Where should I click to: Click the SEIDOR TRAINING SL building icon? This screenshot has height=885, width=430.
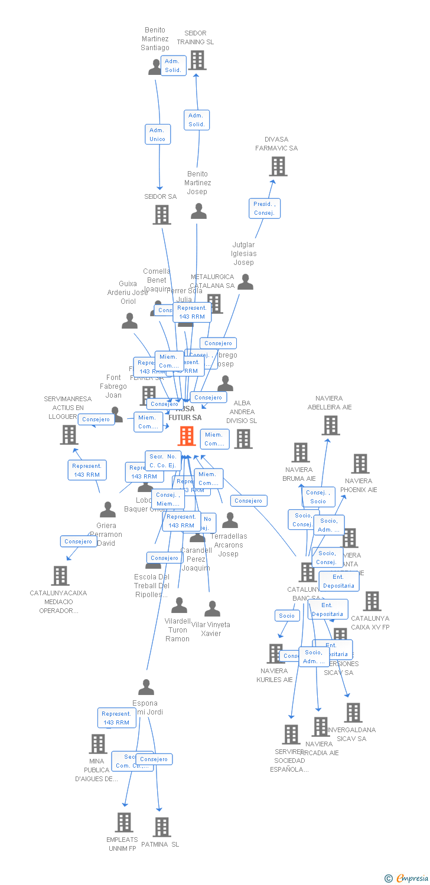[197, 60]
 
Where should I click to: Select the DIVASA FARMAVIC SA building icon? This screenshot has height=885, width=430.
[278, 166]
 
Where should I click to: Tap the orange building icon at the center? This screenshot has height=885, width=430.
[187, 436]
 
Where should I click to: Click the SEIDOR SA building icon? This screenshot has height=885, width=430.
[162, 215]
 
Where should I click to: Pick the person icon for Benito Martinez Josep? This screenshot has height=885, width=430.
[198, 211]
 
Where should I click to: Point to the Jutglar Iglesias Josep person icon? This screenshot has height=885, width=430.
[245, 282]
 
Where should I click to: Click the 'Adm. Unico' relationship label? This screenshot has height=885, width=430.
[158, 135]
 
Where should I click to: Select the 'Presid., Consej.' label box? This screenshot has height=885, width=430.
[264, 208]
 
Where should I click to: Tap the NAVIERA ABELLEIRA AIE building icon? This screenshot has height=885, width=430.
[330, 425]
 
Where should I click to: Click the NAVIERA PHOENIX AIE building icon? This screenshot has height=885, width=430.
[360, 464]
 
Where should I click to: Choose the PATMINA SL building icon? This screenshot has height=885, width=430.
[162, 827]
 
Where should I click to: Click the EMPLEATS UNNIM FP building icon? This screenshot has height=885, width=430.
[123, 822]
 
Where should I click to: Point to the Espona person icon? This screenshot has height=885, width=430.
[146, 687]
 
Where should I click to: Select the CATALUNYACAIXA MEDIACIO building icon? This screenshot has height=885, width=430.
[60, 575]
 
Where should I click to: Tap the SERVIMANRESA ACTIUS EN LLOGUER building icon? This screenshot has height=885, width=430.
[69, 435]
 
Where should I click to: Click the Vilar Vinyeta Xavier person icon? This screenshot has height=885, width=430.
[212, 608]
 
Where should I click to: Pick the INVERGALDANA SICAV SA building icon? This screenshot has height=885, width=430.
[353, 713]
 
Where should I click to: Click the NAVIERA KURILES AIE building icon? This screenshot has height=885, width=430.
[275, 653]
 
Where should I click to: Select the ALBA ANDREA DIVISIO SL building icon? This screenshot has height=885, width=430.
[243, 438]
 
